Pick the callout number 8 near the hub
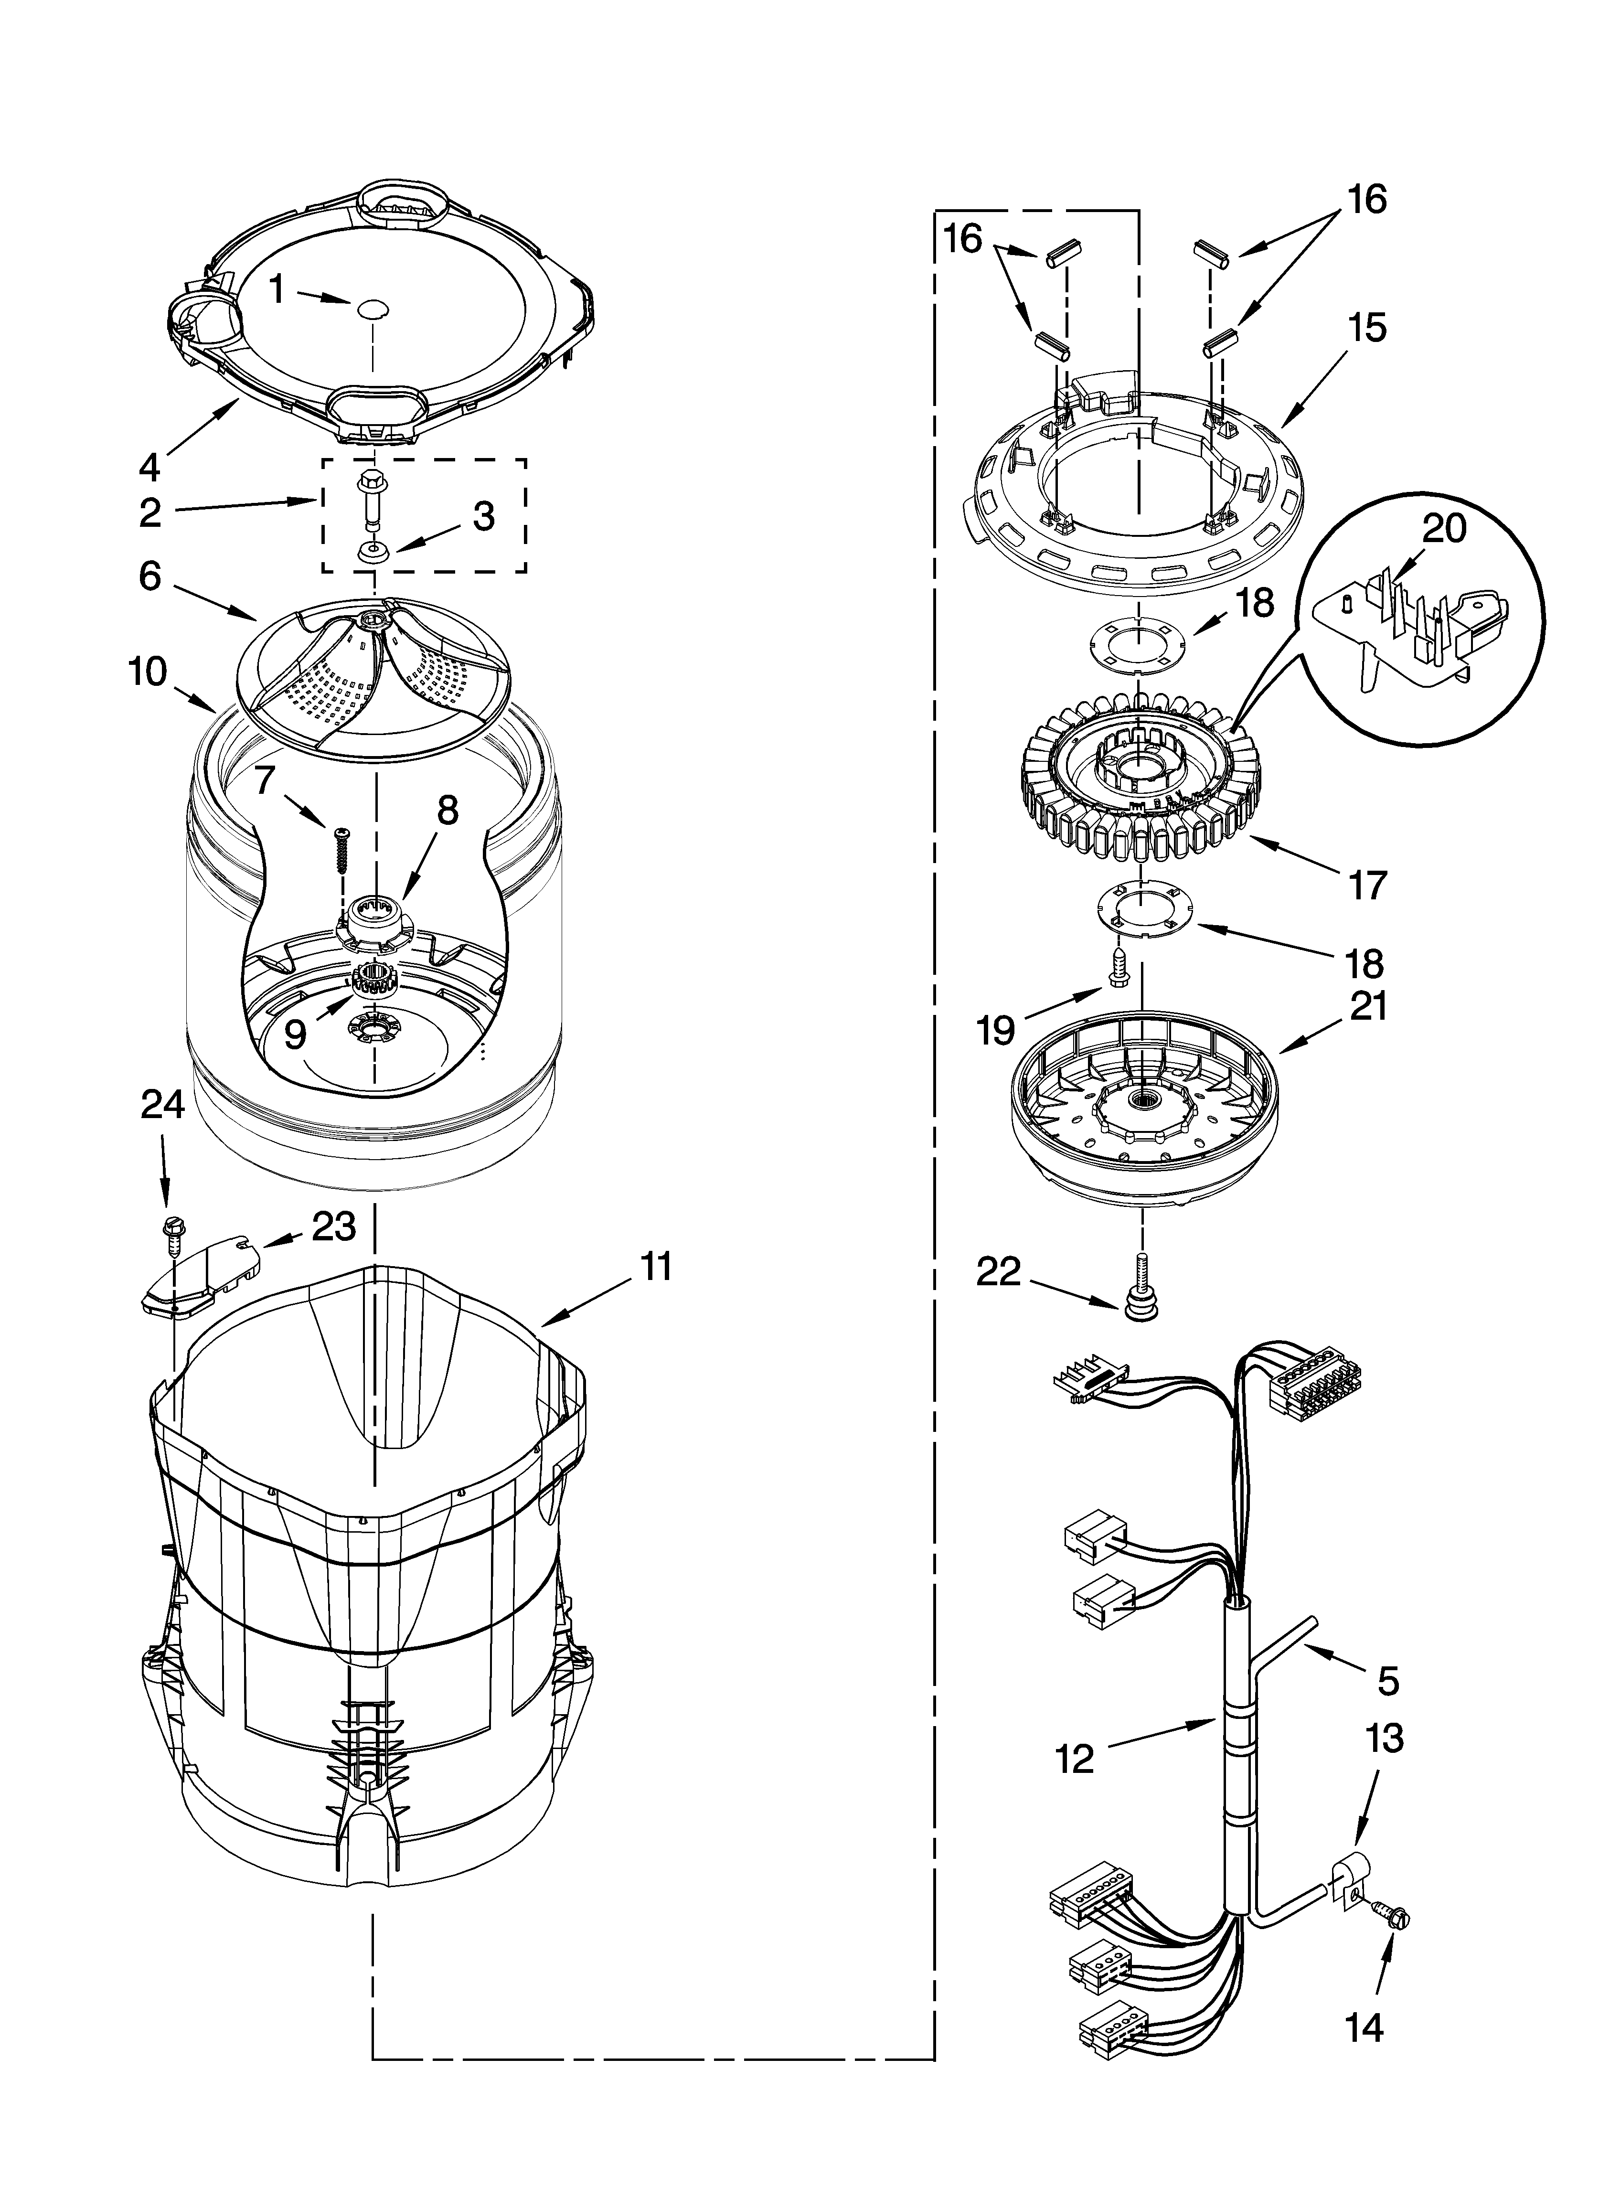tap(447, 810)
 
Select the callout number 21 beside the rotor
tap(1367, 1007)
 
